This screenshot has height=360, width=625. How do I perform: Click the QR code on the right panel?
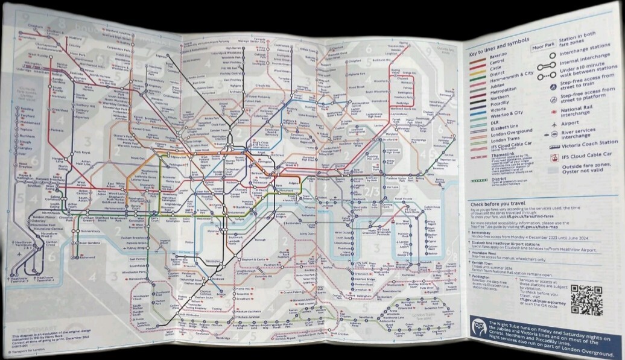click(586, 300)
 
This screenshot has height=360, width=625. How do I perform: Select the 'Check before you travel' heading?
click(498, 204)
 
